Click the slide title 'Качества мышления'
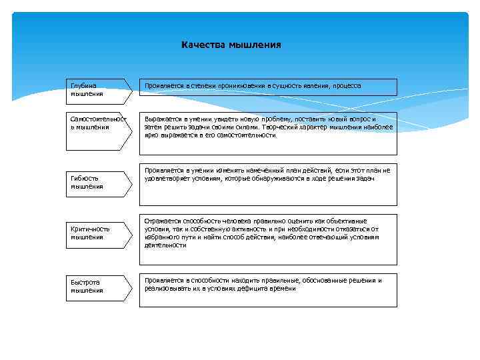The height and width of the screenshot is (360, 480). point(231,45)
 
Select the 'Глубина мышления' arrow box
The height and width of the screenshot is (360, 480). point(97,90)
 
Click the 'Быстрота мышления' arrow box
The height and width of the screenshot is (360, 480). point(97,286)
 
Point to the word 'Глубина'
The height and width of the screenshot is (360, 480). point(83,86)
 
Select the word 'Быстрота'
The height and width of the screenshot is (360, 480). point(85,282)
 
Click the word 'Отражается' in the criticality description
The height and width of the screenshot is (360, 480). point(161,221)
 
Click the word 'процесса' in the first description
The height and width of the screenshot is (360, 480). point(347,86)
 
